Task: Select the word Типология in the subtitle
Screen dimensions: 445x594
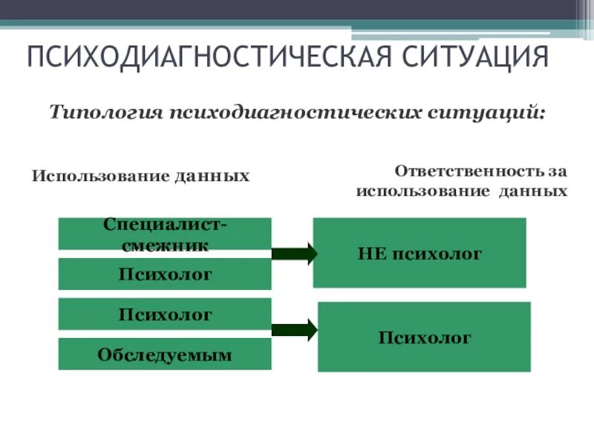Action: tap(106, 113)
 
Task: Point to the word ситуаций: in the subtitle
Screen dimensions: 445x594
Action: tap(486, 113)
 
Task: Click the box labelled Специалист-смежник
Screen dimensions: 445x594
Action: tap(165, 233)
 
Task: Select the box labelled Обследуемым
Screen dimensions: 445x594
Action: tap(165, 355)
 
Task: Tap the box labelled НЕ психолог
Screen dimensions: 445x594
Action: tap(420, 253)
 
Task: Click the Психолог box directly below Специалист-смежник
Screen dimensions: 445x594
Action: tap(165, 274)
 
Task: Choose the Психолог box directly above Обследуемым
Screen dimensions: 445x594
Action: tap(165, 314)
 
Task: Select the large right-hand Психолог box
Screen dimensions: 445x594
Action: tap(424, 337)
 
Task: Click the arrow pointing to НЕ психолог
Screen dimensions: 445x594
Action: tap(294, 254)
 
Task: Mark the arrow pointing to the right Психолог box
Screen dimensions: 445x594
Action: tap(294, 330)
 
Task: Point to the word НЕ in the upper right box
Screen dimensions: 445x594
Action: tap(371, 254)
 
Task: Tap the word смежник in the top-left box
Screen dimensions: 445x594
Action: tap(166, 243)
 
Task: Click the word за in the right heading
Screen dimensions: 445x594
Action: tap(558, 171)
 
